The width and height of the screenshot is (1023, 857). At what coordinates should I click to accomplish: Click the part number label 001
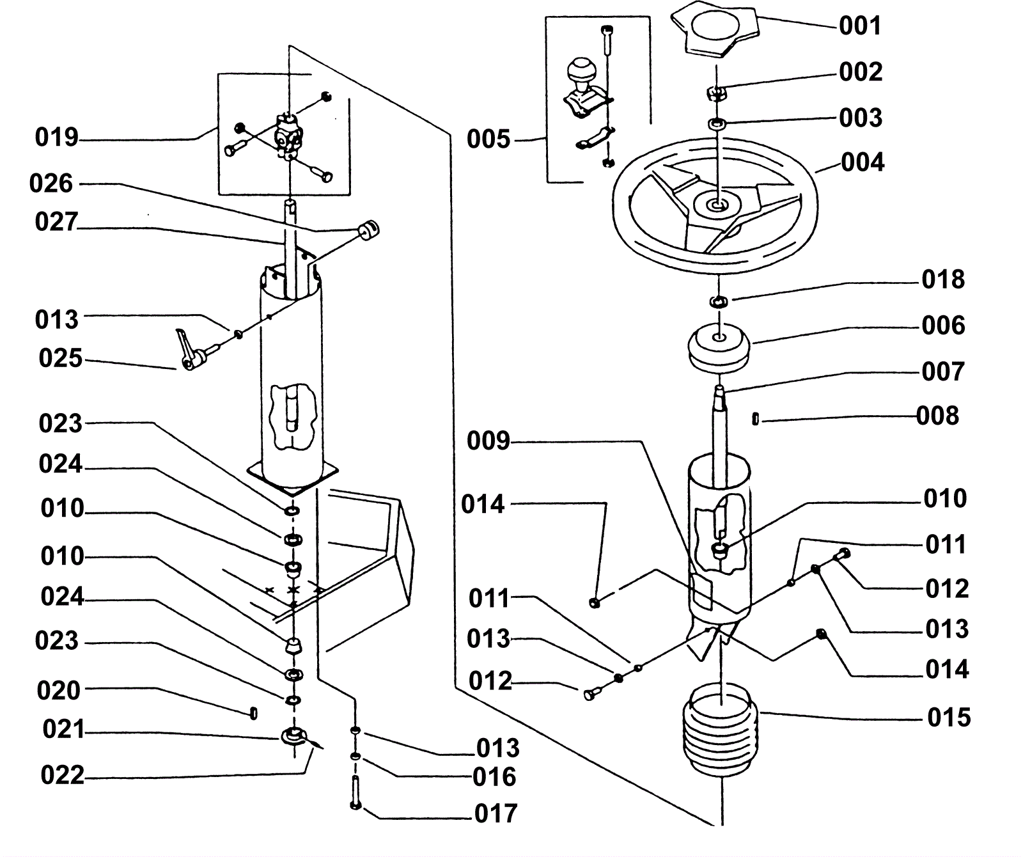[860, 26]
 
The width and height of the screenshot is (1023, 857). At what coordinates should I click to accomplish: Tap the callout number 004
[863, 162]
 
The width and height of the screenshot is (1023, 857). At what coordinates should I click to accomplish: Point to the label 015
[949, 718]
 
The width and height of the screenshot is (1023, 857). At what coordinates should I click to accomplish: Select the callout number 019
[57, 138]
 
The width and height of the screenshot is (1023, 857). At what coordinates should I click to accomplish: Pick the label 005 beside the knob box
[488, 139]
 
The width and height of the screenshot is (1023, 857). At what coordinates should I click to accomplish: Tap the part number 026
[51, 184]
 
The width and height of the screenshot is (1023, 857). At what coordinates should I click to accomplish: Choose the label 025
[61, 359]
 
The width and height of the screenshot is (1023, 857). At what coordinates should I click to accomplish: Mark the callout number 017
[496, 814]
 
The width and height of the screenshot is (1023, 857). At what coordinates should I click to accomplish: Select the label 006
[943, 326]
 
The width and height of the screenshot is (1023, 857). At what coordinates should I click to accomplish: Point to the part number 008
[937, 416]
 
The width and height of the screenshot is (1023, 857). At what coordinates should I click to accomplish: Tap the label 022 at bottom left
[62, 775]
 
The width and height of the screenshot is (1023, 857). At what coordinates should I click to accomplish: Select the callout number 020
[58, 691]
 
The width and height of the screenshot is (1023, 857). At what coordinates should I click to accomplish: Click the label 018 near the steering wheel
[943, 279]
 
